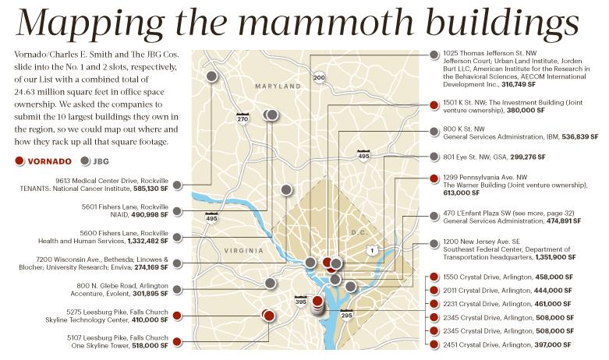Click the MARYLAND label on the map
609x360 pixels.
pos(278,86)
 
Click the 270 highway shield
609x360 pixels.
pos(243,118)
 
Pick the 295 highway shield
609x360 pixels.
pos(347,315)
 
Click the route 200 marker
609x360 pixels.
pos(319,77)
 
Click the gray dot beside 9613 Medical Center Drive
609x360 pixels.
pos(177,185)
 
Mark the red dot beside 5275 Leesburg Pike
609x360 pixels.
pos(177,316)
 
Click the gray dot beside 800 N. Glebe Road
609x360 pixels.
pos(177,289)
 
